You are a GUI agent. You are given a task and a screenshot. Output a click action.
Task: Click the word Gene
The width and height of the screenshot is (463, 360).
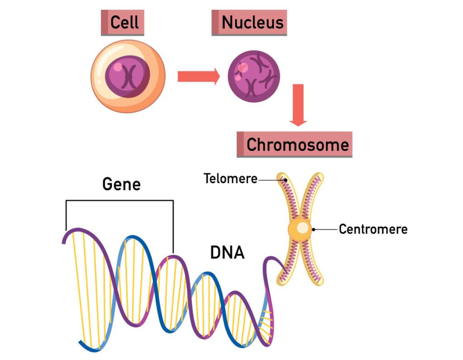pyautogui.click(x=121, y=185)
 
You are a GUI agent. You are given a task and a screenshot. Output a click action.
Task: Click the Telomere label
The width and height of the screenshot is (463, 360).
pyautogui.click(x=230, y=179)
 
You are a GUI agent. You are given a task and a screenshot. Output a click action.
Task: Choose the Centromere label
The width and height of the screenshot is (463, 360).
pyautogui.click(x=373, y=229)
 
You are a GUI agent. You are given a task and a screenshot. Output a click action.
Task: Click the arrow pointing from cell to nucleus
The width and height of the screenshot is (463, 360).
pyautogui.click(x=198, y=76)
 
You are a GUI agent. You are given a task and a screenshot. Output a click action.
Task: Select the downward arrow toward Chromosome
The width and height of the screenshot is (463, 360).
pyautogui.click(x=298, y=104)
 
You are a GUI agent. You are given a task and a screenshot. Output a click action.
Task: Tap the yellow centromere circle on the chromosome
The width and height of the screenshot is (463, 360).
pyautogui.click(x=300, y=229)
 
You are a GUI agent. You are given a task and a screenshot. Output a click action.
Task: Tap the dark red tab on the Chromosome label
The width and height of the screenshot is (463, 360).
pyautogui.click(x=240, y=145)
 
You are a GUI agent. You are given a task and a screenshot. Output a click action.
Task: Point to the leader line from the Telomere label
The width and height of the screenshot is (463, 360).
pyautogui.click(x=271, y=180)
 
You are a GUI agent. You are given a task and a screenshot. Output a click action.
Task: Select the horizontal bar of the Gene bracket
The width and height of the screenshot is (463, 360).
pyautogui.click(x=119, y=200)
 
